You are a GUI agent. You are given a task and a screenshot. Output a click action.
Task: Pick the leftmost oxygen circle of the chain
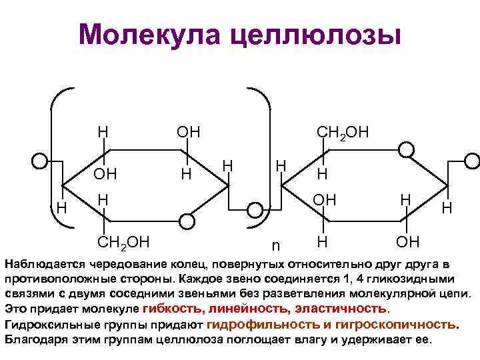pos(40,161)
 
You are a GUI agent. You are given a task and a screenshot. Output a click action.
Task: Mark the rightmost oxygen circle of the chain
pos(473,161)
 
